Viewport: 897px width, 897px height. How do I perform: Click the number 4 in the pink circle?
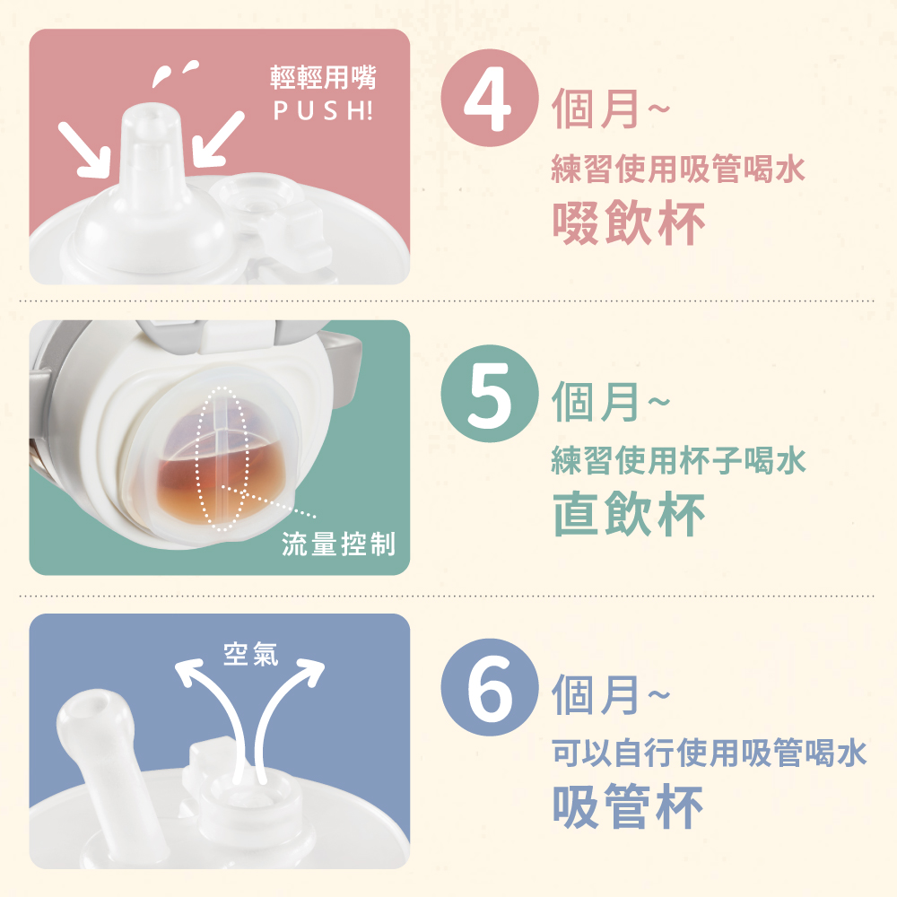pos(488,99)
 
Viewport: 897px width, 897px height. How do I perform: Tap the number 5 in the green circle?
pos(490,395)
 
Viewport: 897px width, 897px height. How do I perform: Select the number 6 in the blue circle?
pos(490,688)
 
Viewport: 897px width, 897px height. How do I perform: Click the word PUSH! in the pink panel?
pos(323,110)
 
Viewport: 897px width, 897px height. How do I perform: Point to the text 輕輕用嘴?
pos(323,77)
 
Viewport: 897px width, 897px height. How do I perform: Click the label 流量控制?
pos(339,544)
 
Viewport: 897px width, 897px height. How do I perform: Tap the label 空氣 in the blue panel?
pos(250,654)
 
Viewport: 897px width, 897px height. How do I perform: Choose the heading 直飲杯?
pos(628,514)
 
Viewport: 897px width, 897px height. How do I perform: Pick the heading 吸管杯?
pos(627,806)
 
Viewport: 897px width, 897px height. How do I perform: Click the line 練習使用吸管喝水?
pos(678,169)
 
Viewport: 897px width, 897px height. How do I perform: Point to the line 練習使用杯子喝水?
pos(678,460)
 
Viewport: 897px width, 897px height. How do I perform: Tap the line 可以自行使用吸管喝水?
pos(710,753)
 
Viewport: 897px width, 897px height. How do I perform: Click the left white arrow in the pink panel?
pos(84,150)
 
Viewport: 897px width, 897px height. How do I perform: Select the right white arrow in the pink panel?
pos(219,138)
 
